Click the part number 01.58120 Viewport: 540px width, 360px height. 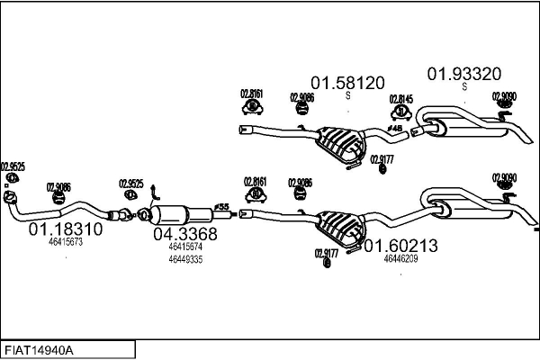(347, 81)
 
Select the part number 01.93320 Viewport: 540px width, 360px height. (463, 73)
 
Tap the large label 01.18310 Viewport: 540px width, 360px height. (66, 229)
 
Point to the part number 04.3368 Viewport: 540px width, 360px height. (184, 234)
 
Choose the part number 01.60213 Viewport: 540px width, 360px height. (400, 245)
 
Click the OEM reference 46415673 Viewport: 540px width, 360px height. (66, 242)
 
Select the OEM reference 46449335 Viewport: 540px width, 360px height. (185, 259)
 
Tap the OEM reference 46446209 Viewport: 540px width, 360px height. (400, 258)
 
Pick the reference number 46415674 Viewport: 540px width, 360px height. (185, 246)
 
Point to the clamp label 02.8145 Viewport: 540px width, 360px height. (400, 99)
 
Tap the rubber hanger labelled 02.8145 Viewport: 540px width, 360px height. (400, 112)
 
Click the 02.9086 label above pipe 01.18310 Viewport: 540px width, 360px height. (59, 186)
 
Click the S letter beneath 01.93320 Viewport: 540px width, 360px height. (464, 87)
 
